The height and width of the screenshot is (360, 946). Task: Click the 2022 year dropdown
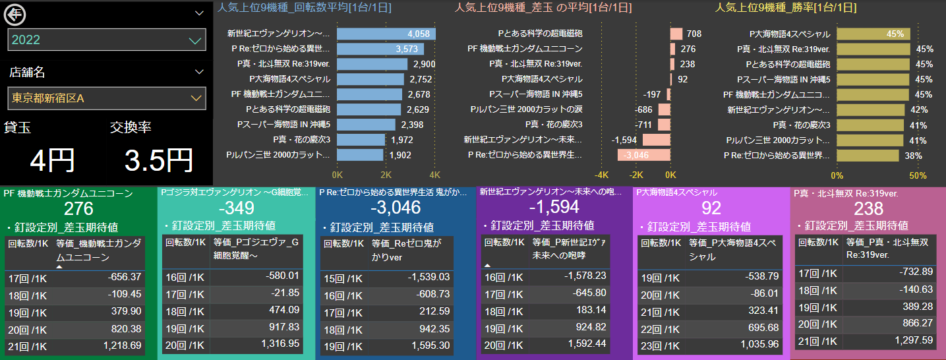point(106,40)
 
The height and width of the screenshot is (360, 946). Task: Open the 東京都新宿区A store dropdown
point(106,98)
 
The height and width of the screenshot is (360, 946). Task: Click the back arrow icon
point(15,14)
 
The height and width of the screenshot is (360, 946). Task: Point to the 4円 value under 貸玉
point(53,160)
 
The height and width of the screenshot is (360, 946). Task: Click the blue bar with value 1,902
point(360,155)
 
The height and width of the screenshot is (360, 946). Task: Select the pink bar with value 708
point(676,34)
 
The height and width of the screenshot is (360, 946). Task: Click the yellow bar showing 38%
point(868,156)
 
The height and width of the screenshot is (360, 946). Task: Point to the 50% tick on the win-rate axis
point(918,175)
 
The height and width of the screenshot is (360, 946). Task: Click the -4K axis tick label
point(601,175)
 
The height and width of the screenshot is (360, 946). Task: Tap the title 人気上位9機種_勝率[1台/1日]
point(786,8)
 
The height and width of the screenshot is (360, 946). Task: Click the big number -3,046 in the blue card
point(396,208)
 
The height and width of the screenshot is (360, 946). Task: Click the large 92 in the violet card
point(712,208)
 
